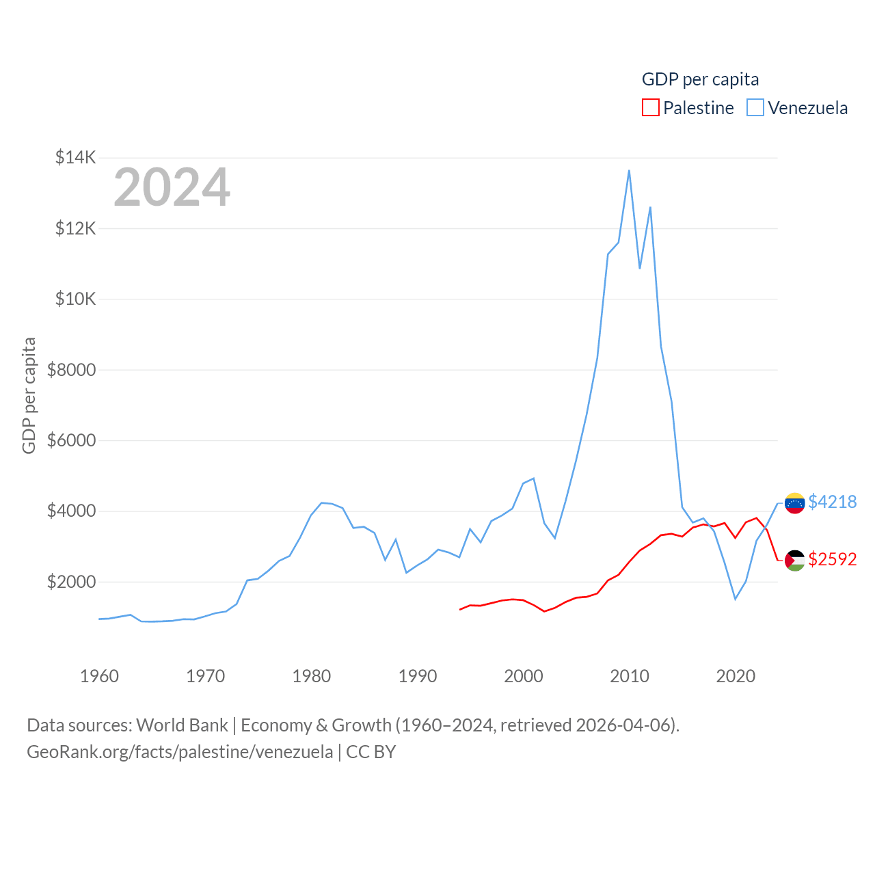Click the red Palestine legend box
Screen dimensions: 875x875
(651, 108)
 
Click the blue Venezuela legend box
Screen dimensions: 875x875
(755, 108)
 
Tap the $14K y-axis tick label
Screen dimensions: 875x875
(76, 158)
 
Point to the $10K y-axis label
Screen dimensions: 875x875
(76, 299)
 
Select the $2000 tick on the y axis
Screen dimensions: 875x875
(71, 582)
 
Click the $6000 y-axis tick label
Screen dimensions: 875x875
(71, 440)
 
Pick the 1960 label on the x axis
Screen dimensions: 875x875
(99, 676)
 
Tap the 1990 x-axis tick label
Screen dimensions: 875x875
(417, 676)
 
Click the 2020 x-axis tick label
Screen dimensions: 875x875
(736, 676)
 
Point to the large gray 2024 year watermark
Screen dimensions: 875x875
(172, 187)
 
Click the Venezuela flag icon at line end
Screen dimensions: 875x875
(794, 503)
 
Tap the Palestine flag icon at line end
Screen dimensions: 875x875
(794, 561)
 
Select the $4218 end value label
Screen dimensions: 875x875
(832, 502)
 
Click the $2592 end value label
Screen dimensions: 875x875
(832, 559)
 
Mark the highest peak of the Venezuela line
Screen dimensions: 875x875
(629, 170)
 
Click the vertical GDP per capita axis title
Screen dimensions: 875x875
(29, 395)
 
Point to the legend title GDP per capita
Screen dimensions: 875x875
(700, 79)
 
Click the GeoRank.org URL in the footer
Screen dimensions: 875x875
(180, 752)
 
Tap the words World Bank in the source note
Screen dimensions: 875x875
(182, 725)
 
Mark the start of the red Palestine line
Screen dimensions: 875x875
(460, 609)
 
